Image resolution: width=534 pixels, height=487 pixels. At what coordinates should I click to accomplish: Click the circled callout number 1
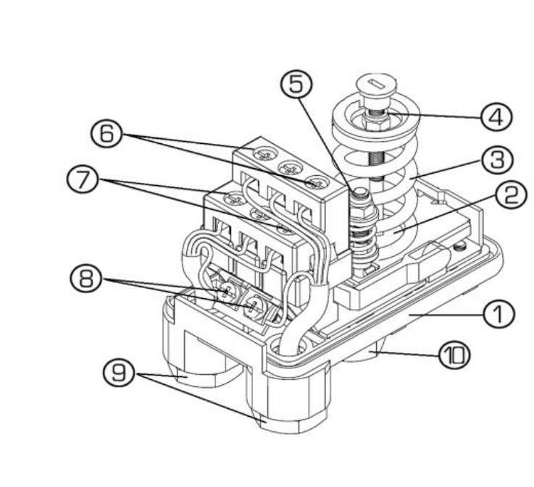[x=498, y=314]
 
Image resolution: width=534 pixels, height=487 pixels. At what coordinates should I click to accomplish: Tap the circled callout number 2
[x=511, y=195]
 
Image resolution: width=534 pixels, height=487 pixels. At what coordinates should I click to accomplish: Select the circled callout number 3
[x=497, y=159]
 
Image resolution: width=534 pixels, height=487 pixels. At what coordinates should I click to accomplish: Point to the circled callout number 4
[x=496, y=117]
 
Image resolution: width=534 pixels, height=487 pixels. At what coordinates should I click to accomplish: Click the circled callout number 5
[x=296, y=84]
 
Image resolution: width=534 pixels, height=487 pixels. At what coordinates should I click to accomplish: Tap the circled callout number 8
[x=85, y=279]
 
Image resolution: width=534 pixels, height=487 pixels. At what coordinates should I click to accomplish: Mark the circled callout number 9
[x=119, y=372]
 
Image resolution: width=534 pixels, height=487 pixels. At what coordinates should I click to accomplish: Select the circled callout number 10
[x=454, y=355]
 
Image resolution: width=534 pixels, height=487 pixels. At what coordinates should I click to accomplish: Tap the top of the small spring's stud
[x=360, y=194]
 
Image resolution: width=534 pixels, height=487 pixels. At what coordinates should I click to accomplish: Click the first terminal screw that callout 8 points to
[x=225, y=292]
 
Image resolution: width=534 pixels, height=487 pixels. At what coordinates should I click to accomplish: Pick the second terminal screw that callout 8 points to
[x=253, y=305]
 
